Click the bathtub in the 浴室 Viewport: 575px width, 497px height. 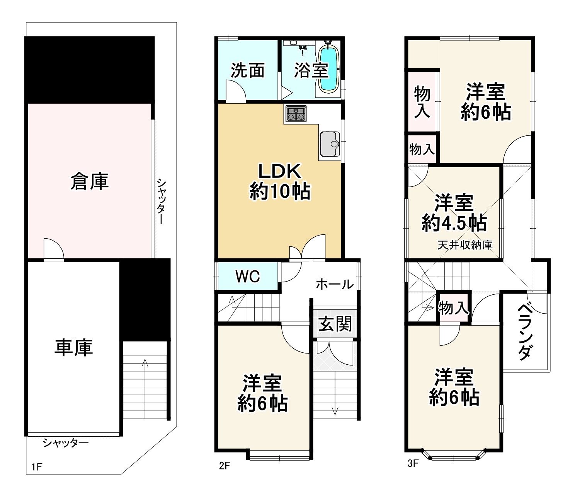tap(328, 69)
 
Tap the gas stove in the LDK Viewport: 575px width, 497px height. tap(296, 114)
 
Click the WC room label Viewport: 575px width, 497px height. tap(248, 276)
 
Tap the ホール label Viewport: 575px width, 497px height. tap(335, 284)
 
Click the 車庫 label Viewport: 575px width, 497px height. tap(73, 347)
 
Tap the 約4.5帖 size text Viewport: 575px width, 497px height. tap(454, 223)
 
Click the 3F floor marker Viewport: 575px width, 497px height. tap(413, 463)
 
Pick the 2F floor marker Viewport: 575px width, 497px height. tap(225, 466)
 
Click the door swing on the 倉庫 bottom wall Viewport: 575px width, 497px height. tap(53, 249)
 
